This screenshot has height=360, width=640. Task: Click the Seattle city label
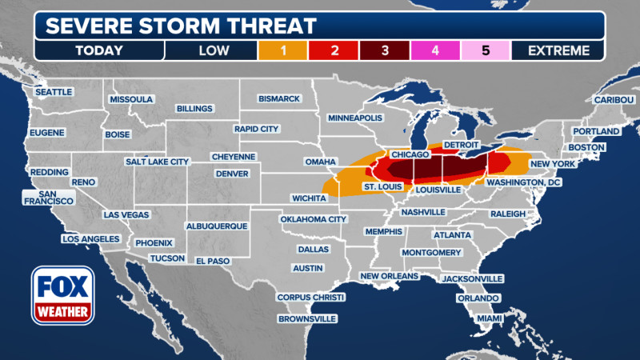(x=54, y=92)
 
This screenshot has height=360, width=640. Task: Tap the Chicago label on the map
(x=411, y=153)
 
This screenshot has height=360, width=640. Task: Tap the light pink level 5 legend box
(x=486, y=50)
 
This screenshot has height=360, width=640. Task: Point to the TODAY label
(x=99, y=50)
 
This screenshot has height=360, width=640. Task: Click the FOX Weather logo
(x=63, y=295)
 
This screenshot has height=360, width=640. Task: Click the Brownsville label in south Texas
(x=306, y=318)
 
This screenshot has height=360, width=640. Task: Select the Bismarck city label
(x=279, y=98)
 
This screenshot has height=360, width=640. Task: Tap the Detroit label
(x=460, y=143)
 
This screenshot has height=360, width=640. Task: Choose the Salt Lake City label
(x=157, y=161)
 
